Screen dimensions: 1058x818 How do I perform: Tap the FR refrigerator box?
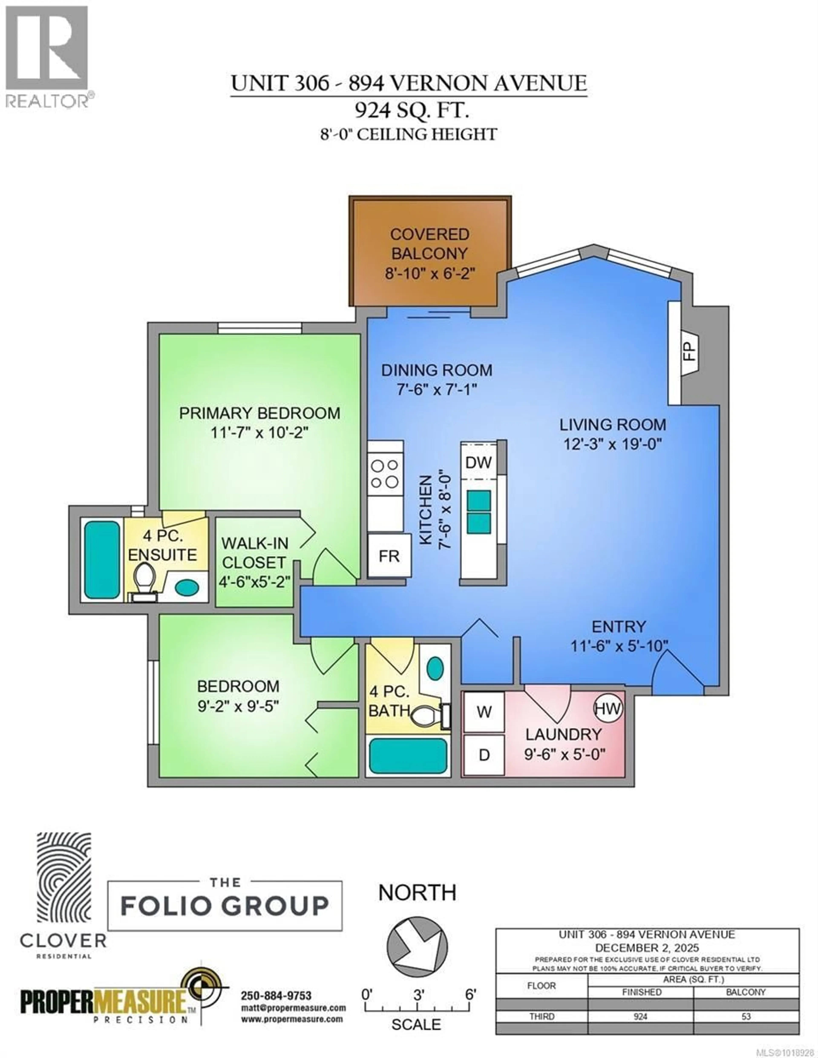pos(389,556)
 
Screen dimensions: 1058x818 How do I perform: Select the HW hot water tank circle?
pos(608,709)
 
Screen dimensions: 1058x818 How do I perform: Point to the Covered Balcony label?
pos(430,244)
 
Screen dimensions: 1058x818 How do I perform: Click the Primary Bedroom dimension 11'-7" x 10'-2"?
pos(259,432)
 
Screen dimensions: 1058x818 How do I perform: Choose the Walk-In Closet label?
pos(255,553)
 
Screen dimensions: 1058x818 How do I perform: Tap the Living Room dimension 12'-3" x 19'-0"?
pos(612,444)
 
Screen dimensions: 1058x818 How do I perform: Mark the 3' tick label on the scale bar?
pos(419,994)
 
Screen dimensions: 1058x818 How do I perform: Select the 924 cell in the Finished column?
pos(641,1016)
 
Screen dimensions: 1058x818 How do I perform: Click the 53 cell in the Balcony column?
pos(746,1016)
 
